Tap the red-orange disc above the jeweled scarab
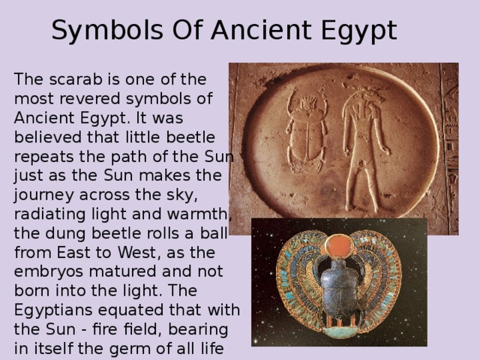[340, 244]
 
